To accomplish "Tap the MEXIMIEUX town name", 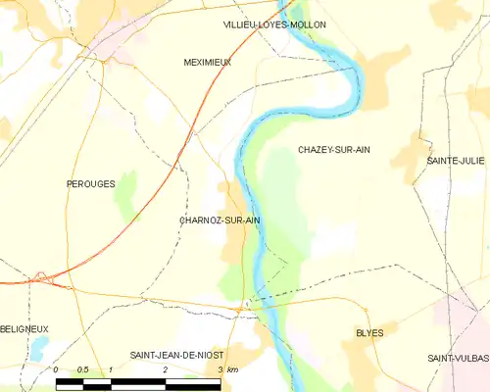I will pyautogui.click(x=207, y=62).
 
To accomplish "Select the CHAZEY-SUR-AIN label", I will pyautogui.click(x=334, y=150).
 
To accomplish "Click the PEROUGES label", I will pyautogui.click(x=90, y=183).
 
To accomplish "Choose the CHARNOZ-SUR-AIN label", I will pyautogui.click(x=220, y=221).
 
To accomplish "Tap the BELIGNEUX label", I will pyautogui.click(x=24, y=329).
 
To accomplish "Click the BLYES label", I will pyautogui.click(x=369, y=333).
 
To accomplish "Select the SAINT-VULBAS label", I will pyautogui.click(x=459, y=359).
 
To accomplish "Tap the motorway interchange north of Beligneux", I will pyautogui.click(x=41, y=277).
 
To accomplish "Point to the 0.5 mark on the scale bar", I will pyautogui.click(x=84, y=369).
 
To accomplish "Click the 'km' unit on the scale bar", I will pyautogui.click(x=233, y=369).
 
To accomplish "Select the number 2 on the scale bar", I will pyautogui.click(x=166, y=369).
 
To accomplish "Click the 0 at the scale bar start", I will pyautogui.click(x=57, y=369).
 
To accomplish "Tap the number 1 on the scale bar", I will pyautogui.click(x=111, y=369).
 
